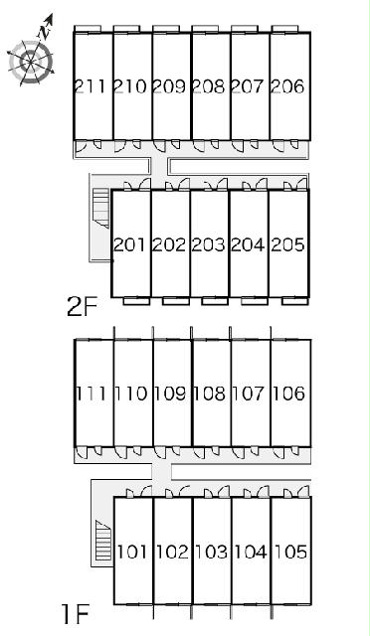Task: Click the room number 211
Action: [91, 86]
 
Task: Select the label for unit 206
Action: [287, 86]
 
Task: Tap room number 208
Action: [208, 86]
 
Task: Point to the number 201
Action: [129, 244]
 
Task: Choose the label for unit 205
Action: [287, 244]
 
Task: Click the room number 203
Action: [208, 244]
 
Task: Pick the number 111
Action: [91, 394]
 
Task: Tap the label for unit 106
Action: [288, 394]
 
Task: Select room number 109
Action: [170, 394]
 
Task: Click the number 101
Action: [132, 552]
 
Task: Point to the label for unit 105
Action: [290, 552]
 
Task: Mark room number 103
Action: [211, 552]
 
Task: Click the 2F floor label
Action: [83, 308]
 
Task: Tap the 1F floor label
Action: [76, 614]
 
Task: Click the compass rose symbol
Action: [31, 62]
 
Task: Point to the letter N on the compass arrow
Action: [43, 32]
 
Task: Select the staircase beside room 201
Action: [101, 208]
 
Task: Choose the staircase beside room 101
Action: [103, 541]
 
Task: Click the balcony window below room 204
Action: [255, 301]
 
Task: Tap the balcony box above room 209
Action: [166, 29]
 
